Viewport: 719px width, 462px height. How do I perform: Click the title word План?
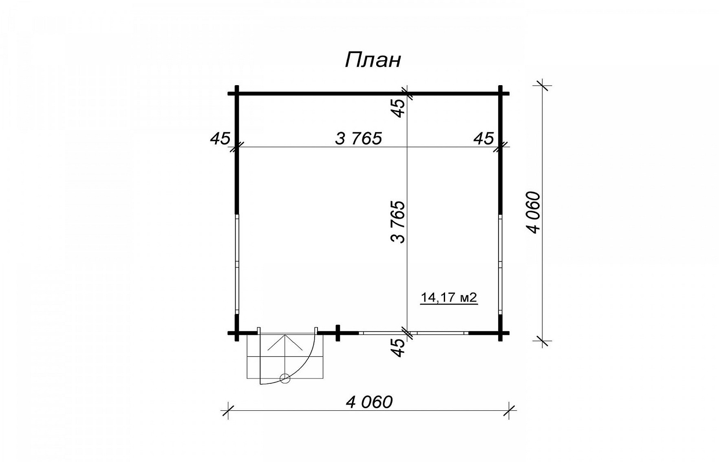373,60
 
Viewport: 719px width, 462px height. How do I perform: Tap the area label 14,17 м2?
448,298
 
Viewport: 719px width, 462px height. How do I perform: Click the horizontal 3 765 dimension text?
359,139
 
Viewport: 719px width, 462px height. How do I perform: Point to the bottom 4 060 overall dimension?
369,402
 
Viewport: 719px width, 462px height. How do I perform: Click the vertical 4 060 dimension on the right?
534,212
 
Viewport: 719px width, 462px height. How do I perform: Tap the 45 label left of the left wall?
220,139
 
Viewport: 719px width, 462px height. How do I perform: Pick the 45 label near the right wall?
484,139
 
